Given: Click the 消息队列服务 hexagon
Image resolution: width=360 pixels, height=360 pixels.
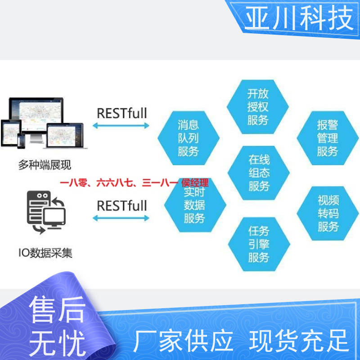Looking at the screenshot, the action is click(189, 138).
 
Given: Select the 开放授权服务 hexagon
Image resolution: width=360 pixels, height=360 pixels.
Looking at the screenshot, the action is click(257, 107).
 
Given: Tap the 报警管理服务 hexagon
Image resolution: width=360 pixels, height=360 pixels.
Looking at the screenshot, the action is click(328, 138).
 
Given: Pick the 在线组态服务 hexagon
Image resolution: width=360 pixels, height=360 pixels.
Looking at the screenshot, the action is click(258, 173).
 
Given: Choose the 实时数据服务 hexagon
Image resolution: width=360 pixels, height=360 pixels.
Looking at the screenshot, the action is click(195, 205).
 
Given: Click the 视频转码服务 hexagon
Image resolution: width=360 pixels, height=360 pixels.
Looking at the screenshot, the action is click(328, 213).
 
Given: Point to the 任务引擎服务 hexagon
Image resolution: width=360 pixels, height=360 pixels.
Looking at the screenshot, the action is click(259, 244).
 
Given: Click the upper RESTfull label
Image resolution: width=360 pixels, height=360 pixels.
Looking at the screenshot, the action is click(122, 113).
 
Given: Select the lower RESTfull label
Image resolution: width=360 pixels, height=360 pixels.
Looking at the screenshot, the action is click(122, 206).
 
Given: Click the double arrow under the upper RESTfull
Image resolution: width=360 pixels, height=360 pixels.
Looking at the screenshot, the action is click(121, 126).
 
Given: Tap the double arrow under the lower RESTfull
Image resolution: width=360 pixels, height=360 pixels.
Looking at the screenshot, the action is click(121, 218).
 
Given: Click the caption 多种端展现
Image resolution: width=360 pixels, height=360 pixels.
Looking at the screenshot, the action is click(45, 165).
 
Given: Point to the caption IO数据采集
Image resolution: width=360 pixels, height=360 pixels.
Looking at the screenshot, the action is click(45, 253).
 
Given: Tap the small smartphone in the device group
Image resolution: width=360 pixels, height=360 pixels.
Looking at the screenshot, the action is click(21, 141).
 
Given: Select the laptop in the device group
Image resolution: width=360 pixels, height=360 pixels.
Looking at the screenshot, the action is click(65, 136).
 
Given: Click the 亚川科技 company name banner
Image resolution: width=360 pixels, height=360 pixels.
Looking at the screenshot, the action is click(299, 18).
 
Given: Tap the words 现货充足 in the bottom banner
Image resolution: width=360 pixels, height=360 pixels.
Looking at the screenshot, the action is click(299, 341).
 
